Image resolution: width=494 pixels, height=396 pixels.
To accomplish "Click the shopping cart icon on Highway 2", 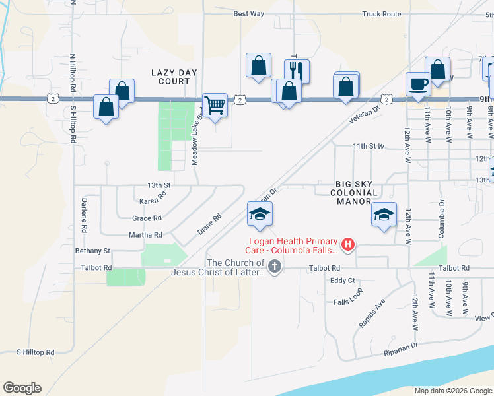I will pyautogui.click(x=215, y=105).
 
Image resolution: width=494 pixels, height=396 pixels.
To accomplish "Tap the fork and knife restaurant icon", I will pyautogui.click(x=297, y=71).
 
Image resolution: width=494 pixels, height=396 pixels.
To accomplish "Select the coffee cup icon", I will pyautogui.click(x=418, y=84).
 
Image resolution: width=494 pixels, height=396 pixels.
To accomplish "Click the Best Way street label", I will pyautogui.click(x=249, y=14).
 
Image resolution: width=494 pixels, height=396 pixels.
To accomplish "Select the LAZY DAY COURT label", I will pyautogui.click(x=170, y=77).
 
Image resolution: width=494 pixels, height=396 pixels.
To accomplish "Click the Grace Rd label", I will pyautogui.click(x=147, y=218).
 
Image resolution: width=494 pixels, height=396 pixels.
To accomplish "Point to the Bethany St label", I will pyautogui.click(x=92, y=251).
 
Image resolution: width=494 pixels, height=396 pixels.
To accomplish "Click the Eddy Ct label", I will pyautogui.click(x=343, y=280).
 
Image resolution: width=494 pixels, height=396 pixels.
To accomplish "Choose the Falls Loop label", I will pyautogui.click(x=347, y=300).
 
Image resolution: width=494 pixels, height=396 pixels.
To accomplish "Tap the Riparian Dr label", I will pyautogui.click(x=401, y=349).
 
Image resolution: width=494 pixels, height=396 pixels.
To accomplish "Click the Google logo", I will pyautogui.click(x=22, y=388).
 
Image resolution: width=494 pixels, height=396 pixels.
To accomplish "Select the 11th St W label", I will pyautogui.click(x=368, y=146).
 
